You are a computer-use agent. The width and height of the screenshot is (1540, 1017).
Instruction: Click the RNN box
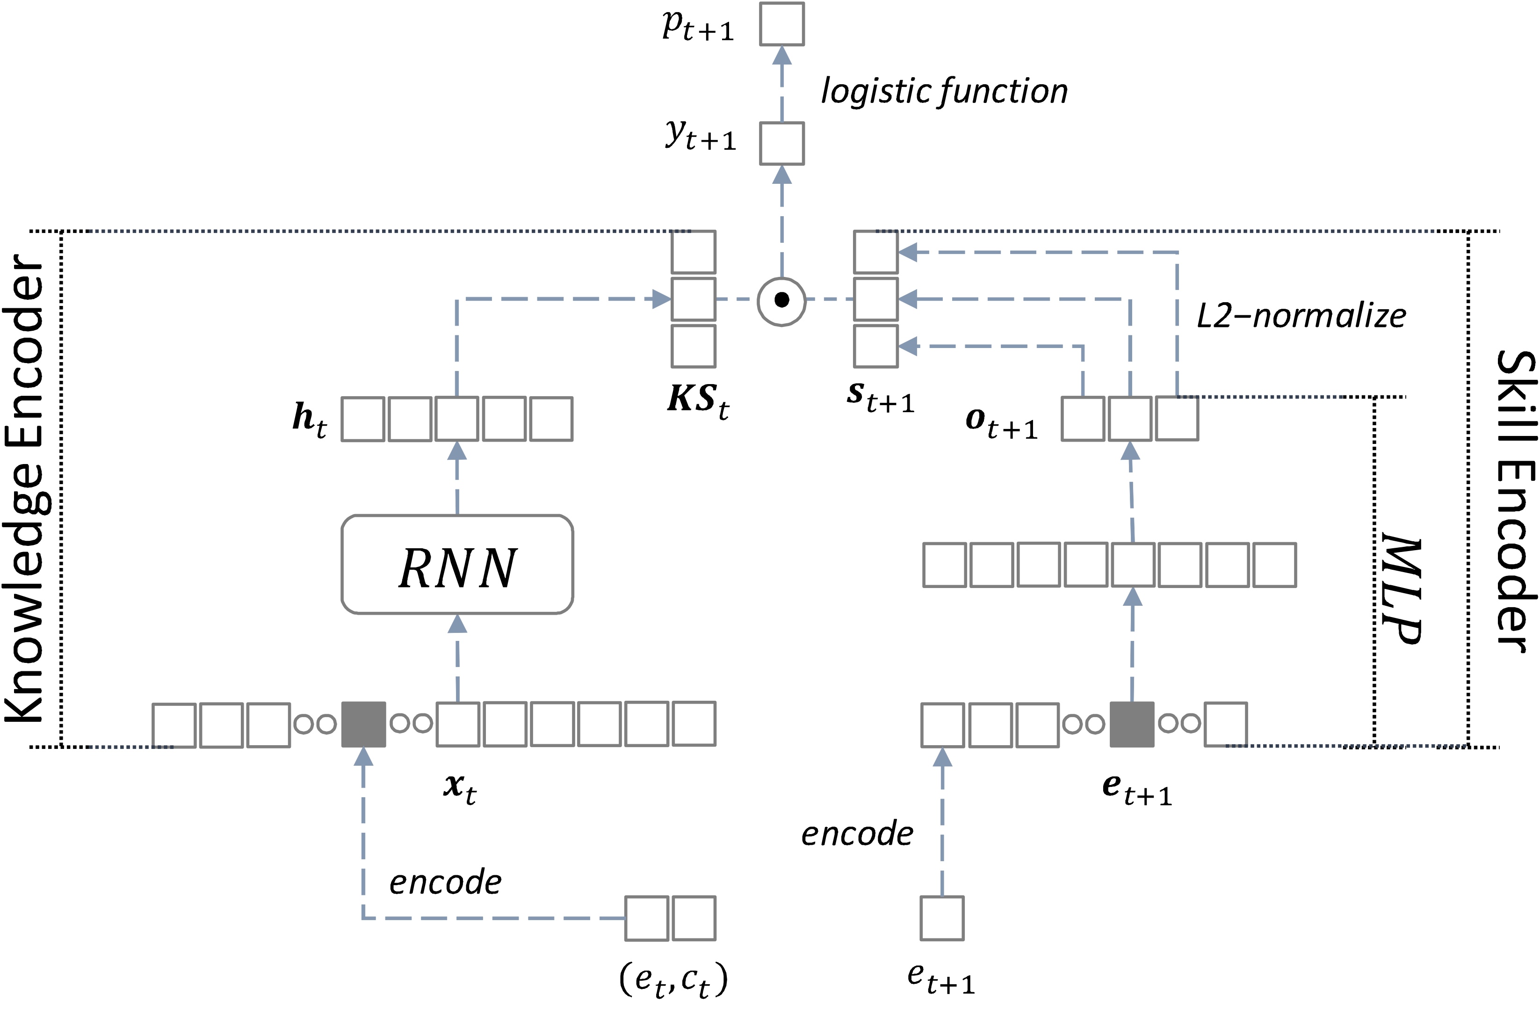(x=457, y=564)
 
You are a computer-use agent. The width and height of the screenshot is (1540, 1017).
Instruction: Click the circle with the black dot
(x=781, y=300)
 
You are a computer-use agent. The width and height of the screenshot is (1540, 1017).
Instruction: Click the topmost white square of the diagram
(x=782, y=24)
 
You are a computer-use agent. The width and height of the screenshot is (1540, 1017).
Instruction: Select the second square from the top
(x=782, y=143)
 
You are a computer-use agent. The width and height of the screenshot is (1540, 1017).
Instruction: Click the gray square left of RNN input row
(x=363, y=724)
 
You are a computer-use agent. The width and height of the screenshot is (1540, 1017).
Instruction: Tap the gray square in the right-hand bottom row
(x=1131, y=724)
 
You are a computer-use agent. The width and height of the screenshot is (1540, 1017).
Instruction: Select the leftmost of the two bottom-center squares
(x=646, y=918)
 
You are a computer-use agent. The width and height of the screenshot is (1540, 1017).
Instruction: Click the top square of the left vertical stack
(x=693, y=252)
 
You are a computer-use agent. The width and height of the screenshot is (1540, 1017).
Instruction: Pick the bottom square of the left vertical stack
(x=693, y=346)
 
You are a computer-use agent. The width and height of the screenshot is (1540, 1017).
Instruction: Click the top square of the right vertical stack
(x=875, y=252)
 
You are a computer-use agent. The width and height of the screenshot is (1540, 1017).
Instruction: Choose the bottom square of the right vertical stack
(x=875, y=346)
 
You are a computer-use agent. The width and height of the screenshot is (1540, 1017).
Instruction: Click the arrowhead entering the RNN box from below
(x=457, y=624)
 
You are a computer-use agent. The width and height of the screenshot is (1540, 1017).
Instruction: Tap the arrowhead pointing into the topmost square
(x=782, y=56)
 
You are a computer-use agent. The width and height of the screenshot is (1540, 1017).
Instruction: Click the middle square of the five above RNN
(x=457, y=419)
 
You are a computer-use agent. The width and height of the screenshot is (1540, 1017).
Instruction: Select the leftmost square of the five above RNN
(x=363, y=419)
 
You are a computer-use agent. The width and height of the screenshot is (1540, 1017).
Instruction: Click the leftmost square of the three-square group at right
(x=1083, y=419)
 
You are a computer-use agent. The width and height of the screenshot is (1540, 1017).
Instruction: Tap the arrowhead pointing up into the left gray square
(x=363, y=756)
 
